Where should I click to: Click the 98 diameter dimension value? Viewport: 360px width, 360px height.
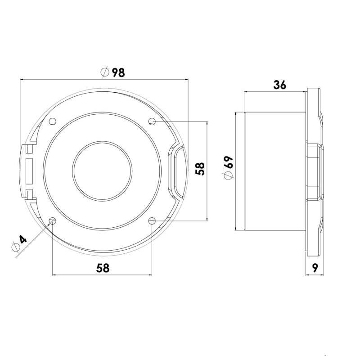pos(118,72)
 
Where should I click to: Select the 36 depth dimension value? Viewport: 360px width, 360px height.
pos(279,85)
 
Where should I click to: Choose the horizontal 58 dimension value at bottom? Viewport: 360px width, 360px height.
pos(103,268)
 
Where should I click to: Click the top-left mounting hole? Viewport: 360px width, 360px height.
pos(53,121)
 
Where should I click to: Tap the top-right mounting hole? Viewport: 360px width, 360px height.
pos(152,121)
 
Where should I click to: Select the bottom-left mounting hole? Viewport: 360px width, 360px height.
pos(53,220)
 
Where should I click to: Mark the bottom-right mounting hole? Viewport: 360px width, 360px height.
pos(152,220)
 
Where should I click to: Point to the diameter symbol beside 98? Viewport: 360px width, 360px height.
pos(104,72)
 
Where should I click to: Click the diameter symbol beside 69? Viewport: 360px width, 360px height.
pos(229,176)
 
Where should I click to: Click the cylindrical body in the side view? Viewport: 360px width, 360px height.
pos(274,171)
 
